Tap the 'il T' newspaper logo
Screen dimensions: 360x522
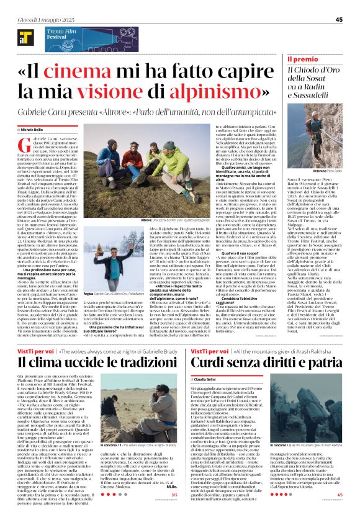click(x=25, y=38)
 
